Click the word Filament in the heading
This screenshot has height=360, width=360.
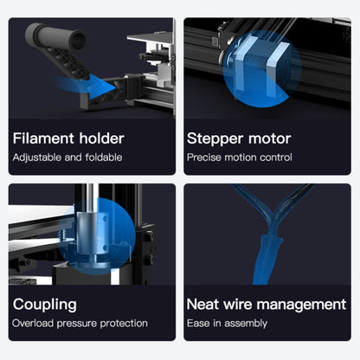click(44, 138)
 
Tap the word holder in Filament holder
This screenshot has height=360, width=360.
click(102, 138)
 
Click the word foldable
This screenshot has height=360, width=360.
click(104, 157)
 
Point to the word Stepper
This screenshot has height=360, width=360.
click(215, 139)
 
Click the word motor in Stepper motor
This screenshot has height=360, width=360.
click(269, 138)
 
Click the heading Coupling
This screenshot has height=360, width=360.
click(45, 305)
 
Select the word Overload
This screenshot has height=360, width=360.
click(33, 324)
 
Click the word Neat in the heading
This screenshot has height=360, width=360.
click(203, 305)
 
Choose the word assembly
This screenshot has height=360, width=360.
click(246, 324)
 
